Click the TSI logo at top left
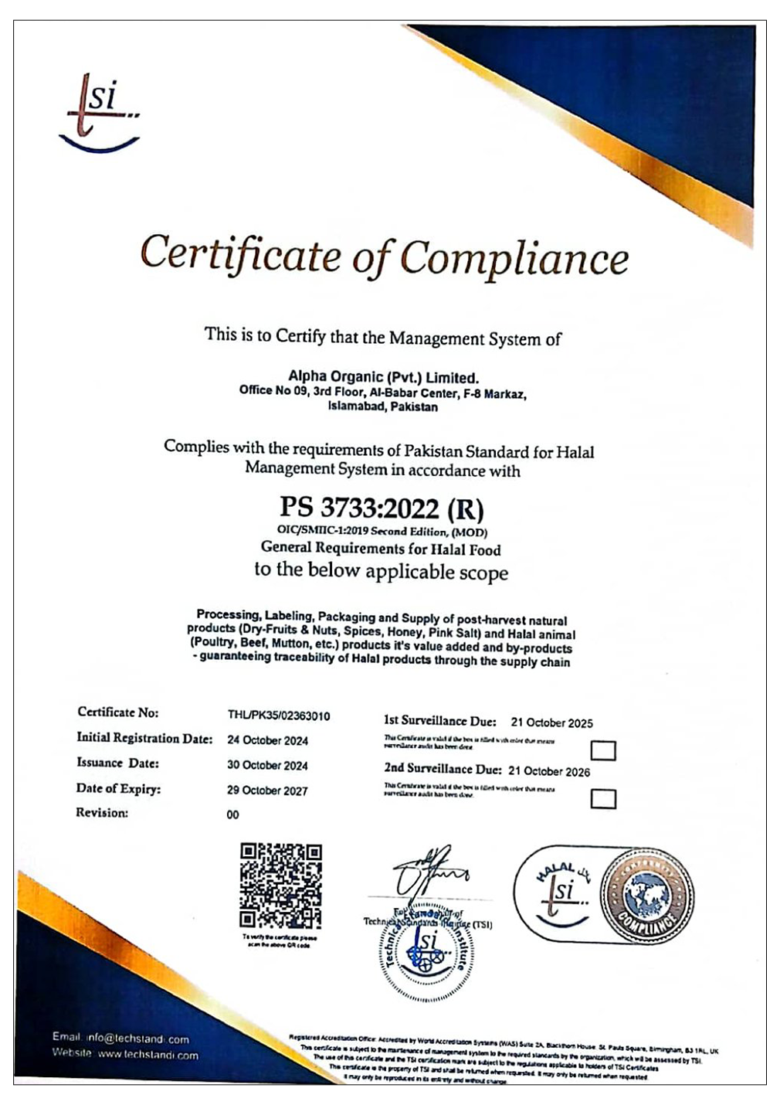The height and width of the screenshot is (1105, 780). pyautogui.click(x=100, y=112)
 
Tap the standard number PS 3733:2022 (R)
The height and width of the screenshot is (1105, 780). pyautogui.click(x=382, y=508)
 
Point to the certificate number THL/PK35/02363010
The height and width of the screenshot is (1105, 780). pyautogui.click(x=278, y=716)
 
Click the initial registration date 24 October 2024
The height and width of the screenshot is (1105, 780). pyautogui.click(x=267, y=740)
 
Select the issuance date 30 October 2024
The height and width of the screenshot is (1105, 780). pyautogui.click(x=267, y=766)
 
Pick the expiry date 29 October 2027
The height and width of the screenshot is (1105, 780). pyautogui.click(x=267, y=790)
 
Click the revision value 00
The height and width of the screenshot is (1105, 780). pyautogui.click(x=232, y=814)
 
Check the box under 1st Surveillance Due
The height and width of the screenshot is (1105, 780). pyautogui.click(x=602, y=750)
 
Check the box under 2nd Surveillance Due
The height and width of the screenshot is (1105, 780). pyautogui.click(x=602, y=798)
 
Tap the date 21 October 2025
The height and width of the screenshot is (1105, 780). pyautogui.click(x=551, y=723)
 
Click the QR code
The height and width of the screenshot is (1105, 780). pyautogui.click(x=280, y=885)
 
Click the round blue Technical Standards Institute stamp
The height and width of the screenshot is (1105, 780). pyautogui.click(x=426, y=952)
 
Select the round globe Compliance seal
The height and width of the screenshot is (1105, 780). pyautogui.click(x=646, y=895)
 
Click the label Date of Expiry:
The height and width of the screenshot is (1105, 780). pyautogui.click(x=118, y=789)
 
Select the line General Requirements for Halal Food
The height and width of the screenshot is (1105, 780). pyautogui.click(x=381, y=549)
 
